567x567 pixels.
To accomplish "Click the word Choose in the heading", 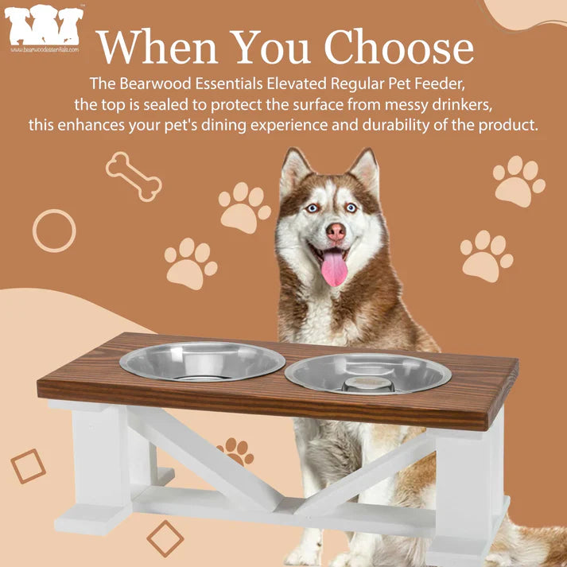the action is coord(399,46).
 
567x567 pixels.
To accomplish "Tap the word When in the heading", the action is coord(157,47).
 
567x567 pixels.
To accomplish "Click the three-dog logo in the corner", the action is coord(44,25).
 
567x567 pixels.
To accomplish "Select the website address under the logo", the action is coord(44,49).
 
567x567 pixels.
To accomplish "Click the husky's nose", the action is coord(336,231).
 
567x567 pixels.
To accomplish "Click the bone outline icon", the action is coord(134,177).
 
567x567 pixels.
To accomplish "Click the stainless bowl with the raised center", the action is coord(367,374).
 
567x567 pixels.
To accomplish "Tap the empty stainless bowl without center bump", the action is coord(202,361).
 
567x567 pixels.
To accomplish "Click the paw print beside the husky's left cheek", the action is coord(244,208).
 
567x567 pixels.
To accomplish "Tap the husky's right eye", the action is coord(313,208).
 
